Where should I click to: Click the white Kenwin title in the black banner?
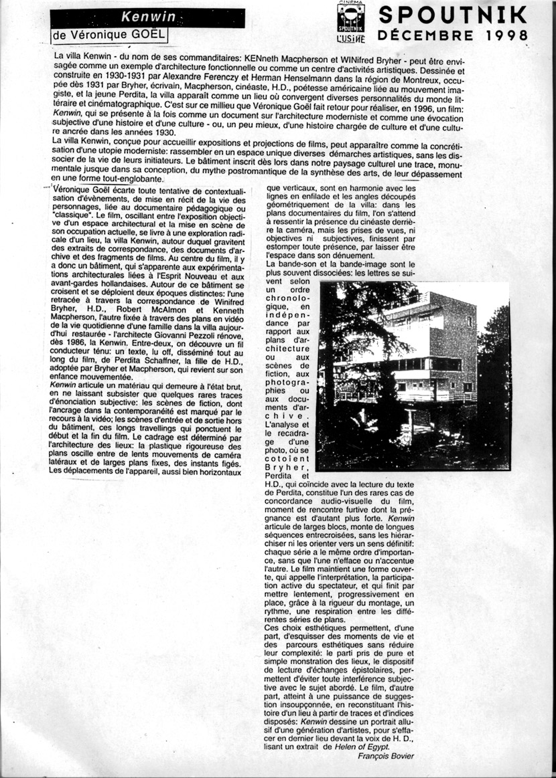[x=139, y=15]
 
